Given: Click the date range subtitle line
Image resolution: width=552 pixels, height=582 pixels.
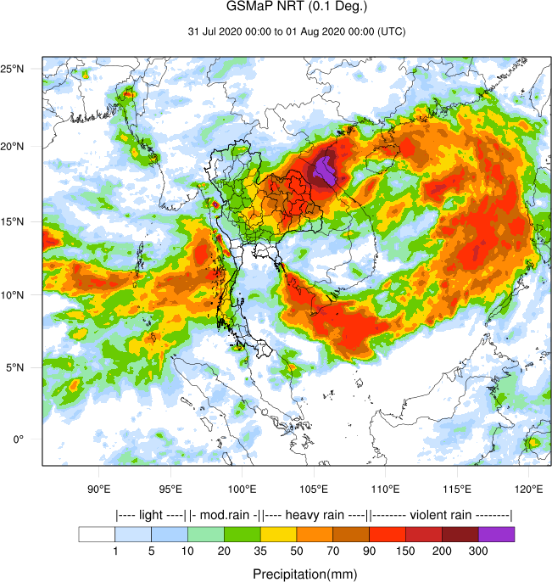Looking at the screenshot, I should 296,32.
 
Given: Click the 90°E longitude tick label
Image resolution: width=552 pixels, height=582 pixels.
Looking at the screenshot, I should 100,489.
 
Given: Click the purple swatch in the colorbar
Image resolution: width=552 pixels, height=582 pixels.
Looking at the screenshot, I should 497,534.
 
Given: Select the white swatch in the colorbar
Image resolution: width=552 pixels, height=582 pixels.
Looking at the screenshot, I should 97,534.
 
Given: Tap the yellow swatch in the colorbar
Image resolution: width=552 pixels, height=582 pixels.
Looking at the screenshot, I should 279,534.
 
